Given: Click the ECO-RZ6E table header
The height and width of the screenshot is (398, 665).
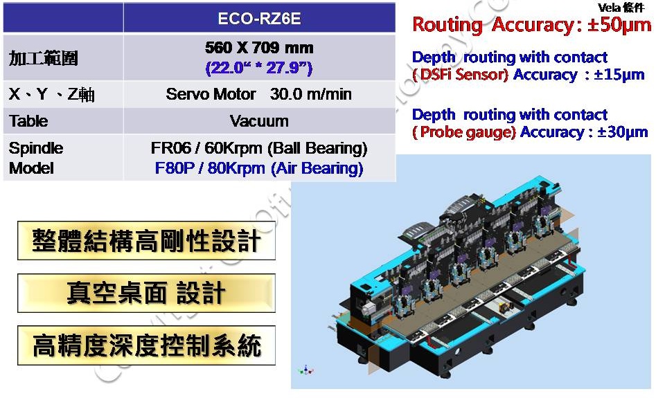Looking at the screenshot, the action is point(259,19).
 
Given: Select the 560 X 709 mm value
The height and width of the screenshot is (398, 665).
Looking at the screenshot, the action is point(259,48).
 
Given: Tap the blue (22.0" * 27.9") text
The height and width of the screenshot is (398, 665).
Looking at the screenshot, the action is point(258,68).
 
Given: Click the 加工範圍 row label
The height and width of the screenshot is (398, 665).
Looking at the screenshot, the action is point(43,58).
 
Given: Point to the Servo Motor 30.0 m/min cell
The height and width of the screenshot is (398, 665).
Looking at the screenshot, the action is point(258,94).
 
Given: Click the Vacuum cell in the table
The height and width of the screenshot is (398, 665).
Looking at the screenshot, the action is point(259,121).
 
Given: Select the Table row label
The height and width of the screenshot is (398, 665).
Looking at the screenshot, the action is point(28,121).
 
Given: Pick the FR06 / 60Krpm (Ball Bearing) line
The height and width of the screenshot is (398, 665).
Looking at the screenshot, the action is point(259,148).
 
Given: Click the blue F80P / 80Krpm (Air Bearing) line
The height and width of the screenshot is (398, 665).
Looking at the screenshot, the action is point(259,168).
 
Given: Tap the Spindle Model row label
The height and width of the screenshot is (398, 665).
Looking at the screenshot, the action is point(36,158).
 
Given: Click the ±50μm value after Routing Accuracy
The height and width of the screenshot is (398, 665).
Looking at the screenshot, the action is point(619,25).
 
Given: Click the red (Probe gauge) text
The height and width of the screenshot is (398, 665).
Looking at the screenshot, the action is point(464,132).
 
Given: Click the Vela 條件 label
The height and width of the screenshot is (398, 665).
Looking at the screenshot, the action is point(621,7).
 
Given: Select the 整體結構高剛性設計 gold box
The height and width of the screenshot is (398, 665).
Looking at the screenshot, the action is point(146,240).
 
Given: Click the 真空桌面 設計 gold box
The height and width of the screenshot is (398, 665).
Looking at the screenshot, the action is point(146,293).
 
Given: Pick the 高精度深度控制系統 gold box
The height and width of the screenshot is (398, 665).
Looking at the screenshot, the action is point(146,345).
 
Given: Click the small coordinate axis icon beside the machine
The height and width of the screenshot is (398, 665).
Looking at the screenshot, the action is point(305,370).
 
